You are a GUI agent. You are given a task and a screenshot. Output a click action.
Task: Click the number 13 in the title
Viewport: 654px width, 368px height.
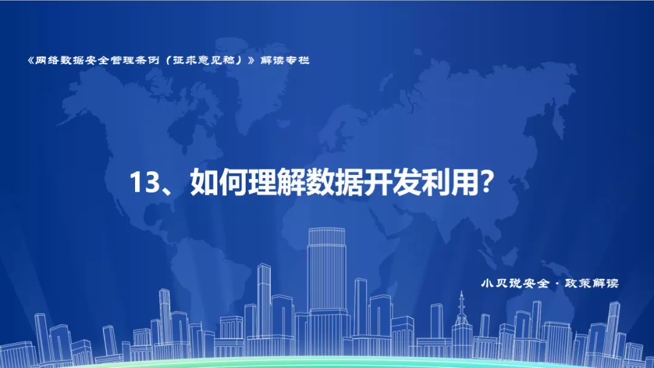[144, 182]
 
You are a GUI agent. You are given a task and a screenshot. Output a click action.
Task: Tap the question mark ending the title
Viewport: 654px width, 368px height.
[485, 182]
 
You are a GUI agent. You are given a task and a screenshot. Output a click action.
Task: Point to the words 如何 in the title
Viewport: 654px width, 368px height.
[219, 183]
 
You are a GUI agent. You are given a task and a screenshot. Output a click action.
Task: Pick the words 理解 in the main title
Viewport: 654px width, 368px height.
[276, 183]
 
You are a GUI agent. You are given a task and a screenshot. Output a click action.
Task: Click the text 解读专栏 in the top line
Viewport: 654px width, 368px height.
[285, 61]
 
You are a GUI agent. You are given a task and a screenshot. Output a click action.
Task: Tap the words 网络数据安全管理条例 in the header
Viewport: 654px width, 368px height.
[97, 61]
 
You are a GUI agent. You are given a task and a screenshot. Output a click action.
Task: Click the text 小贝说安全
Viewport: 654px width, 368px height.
[515, 283]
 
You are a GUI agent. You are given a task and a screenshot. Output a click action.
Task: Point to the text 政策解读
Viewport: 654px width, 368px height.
[592, 283]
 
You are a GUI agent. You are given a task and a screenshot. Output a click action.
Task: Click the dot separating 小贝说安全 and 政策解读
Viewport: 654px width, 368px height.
[557, 284]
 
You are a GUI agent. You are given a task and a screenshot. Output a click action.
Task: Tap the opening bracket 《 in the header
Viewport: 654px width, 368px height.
[30, 61]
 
